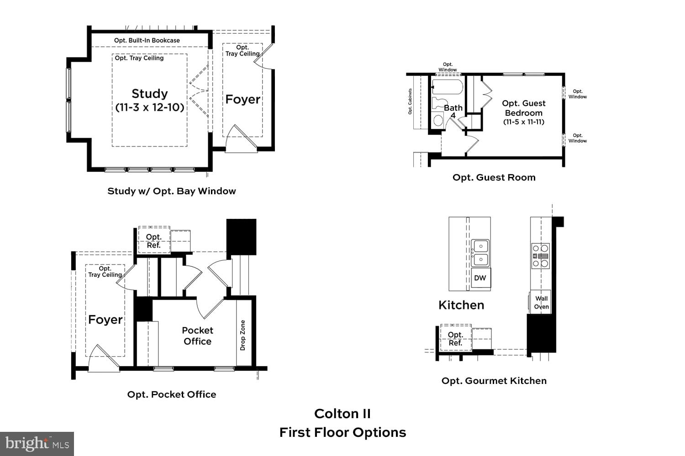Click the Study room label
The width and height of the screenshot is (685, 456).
149,94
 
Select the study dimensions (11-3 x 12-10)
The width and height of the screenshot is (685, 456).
149,108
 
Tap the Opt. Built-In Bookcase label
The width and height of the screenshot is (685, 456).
147,41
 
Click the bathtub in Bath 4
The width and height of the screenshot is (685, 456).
448,87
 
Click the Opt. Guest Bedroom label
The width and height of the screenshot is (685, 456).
524,108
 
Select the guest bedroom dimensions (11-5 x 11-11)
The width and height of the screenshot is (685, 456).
524,122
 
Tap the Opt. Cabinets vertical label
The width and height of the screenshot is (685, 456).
410,101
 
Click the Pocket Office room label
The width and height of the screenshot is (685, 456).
197,336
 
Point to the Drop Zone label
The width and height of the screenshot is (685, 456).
243,335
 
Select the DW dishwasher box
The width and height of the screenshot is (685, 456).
480,278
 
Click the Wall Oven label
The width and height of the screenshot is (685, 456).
541,302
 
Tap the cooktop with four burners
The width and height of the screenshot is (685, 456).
540,256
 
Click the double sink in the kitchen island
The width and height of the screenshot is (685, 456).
480,253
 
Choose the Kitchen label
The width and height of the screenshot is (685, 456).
461,305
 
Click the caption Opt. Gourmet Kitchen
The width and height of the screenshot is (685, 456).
494,381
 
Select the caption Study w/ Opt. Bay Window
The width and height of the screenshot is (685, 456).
172,191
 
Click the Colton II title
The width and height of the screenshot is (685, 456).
342,414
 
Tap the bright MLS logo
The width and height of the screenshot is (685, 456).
37,444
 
